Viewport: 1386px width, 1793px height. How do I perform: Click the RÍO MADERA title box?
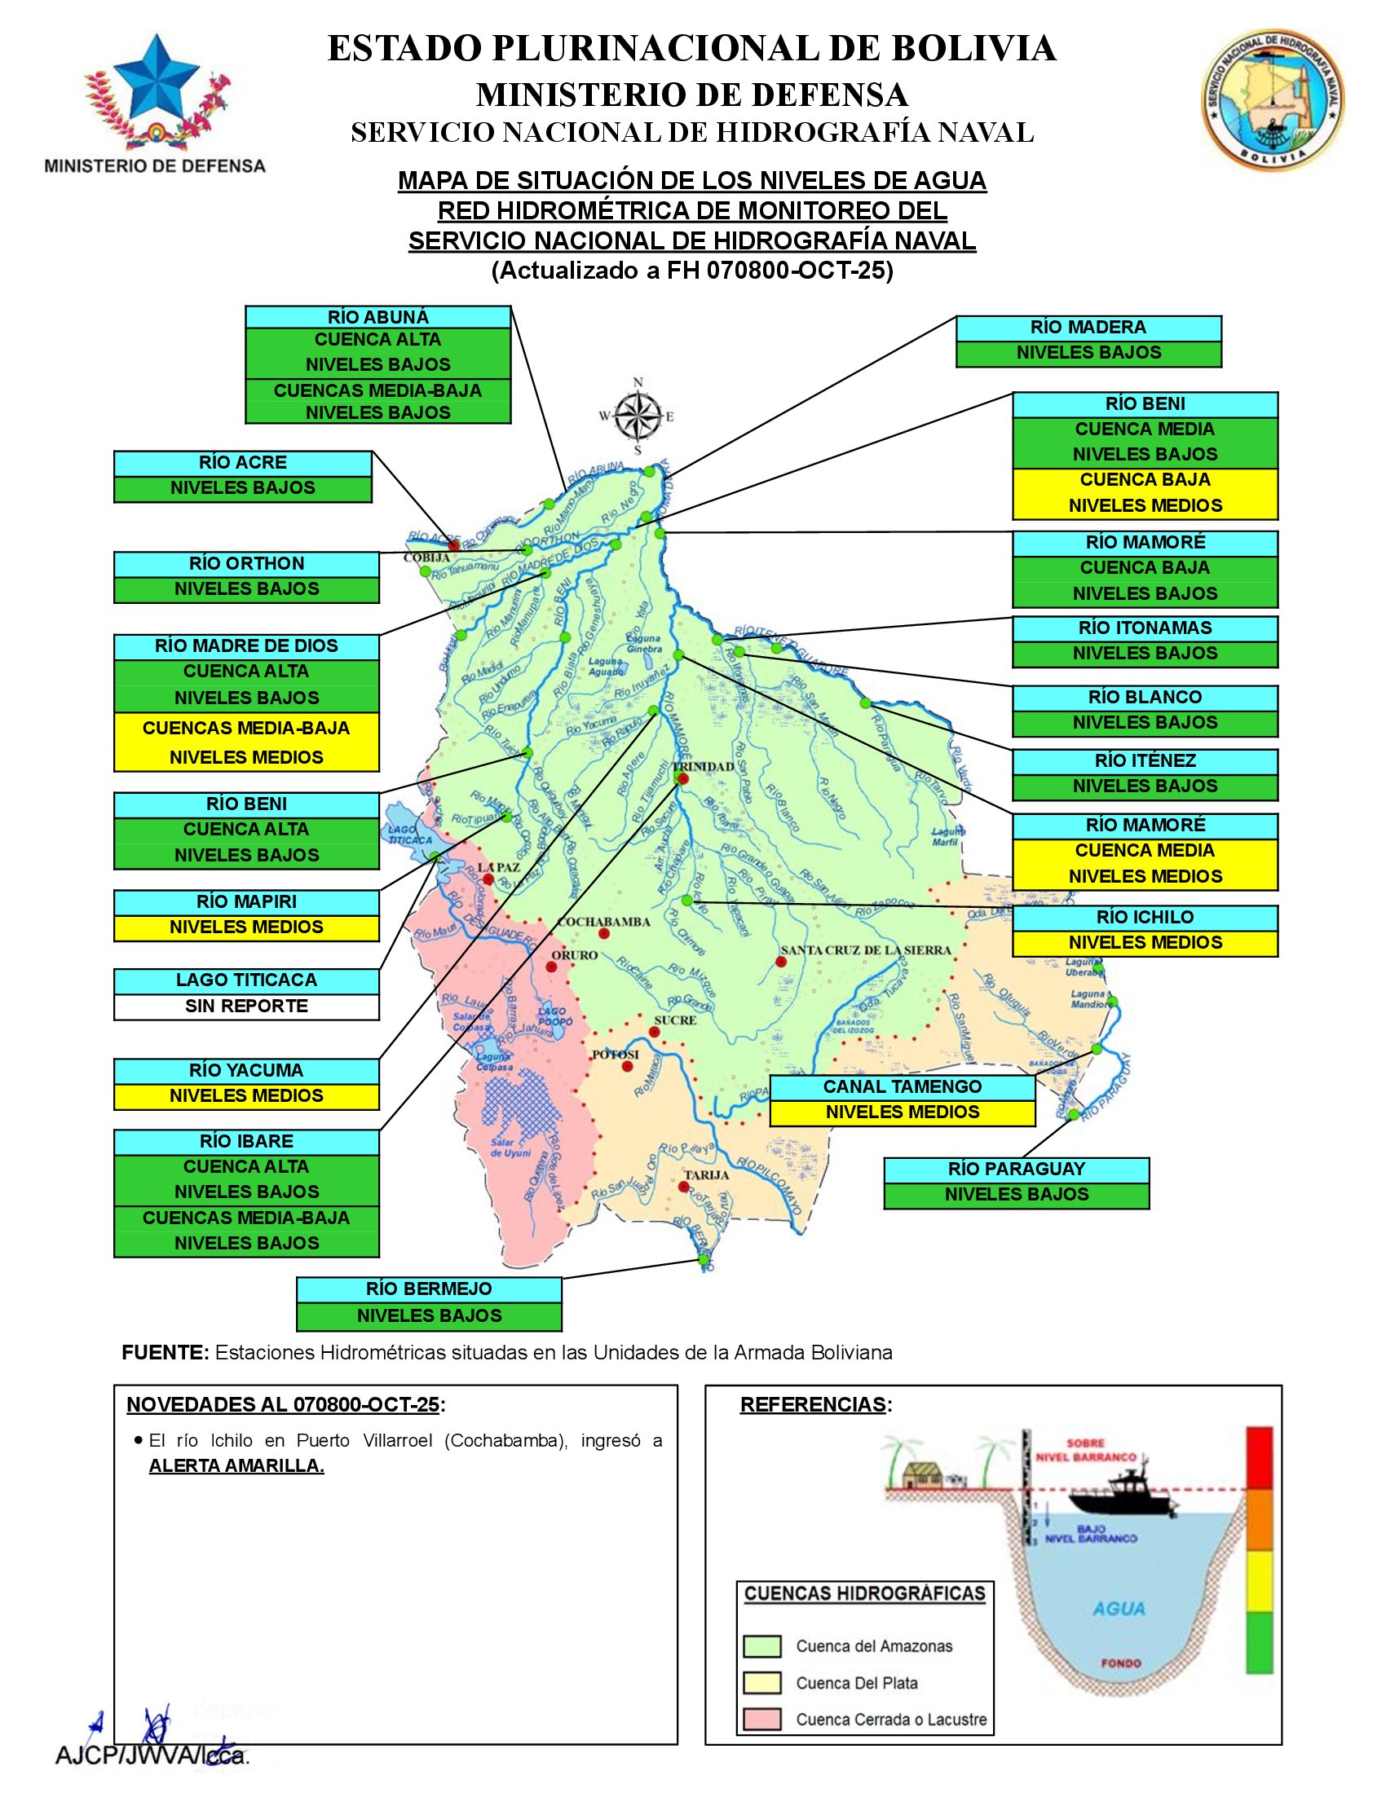[x=1088, y=328]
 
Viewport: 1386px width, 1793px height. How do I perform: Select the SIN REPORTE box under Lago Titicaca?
[x=246, y=1006]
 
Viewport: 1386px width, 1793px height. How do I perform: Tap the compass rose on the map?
[x=638, y=416]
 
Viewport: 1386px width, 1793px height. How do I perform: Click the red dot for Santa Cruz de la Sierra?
[x=779, y=962]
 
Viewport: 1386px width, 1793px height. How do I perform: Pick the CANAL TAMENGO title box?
[x=902, y=1086]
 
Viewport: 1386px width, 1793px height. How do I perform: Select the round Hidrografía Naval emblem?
[x=1271, y=97]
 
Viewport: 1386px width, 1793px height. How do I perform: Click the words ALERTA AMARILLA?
[x=236, y=1465]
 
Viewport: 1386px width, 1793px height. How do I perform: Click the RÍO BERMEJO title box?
[x=429, y=1289]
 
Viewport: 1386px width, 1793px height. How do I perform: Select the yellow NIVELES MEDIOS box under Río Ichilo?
[x=1145, y=942]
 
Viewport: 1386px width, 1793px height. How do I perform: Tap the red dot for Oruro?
[x=551, y=967]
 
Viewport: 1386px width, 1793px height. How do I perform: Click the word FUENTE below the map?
[x=165, y=1352]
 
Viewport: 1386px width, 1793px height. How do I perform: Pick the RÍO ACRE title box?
[x=242, y=463]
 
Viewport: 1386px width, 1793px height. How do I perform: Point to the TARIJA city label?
[x=707, y=1174]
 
